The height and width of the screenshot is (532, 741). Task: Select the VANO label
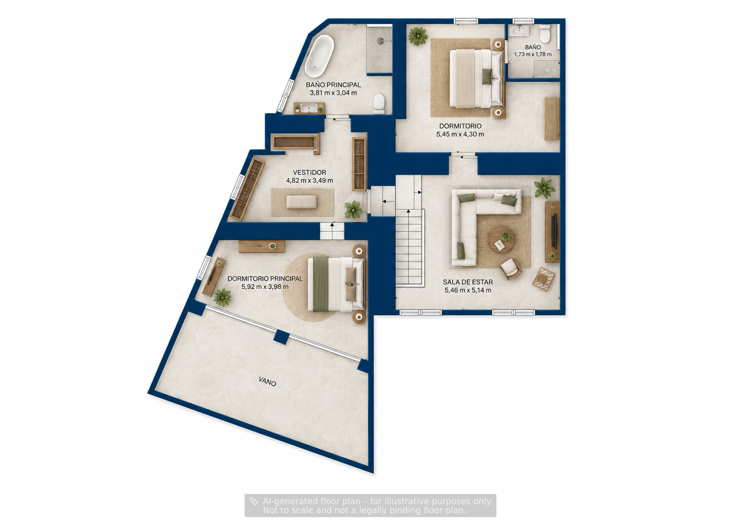[267, 382]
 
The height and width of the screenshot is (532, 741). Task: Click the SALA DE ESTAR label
[468, 282]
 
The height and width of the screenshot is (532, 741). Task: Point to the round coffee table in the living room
[502, 240]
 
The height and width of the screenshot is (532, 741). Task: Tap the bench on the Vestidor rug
[301, 202]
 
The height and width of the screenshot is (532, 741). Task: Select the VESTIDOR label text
[309, 172]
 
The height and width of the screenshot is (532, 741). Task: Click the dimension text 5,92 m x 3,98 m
[265, 287]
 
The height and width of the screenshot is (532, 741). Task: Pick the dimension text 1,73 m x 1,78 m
[533, 54]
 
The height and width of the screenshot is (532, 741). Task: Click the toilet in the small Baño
[544, 34]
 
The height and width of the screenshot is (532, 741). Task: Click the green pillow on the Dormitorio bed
[487, 77]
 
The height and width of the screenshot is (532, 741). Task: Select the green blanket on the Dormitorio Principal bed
[320, 285]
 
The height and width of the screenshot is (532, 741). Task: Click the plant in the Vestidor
[353, 210]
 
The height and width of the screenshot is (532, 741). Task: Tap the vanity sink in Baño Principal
[309, 108]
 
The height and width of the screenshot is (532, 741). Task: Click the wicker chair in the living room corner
[544, 279]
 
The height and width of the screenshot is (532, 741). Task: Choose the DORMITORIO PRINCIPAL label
[265, 279]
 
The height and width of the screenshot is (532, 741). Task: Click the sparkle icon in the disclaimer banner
[254, 501]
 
